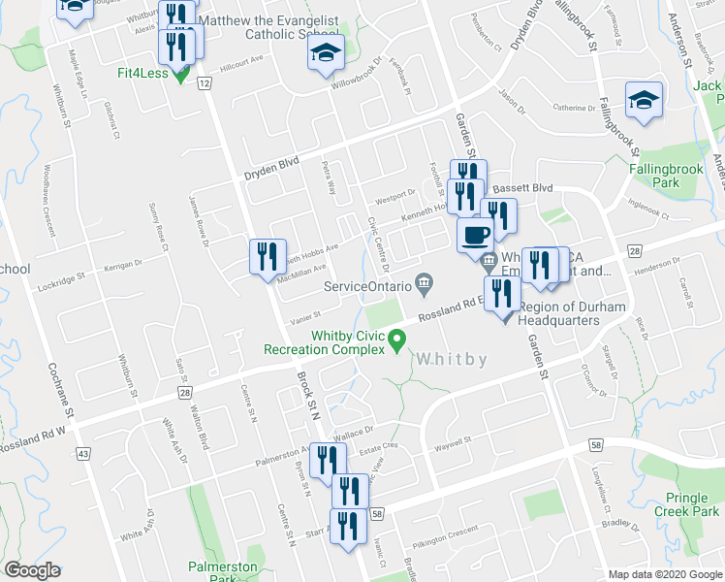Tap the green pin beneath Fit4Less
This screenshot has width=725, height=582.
click(181, 78)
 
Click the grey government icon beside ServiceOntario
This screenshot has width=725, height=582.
click(424, 284)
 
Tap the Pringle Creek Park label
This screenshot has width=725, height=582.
click(687, 504)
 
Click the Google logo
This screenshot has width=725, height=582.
click(33, 570)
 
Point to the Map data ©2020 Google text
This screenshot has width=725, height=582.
click(663, 574)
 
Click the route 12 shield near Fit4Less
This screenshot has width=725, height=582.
click(204, 84)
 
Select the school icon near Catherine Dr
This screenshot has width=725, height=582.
click(644, 100)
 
